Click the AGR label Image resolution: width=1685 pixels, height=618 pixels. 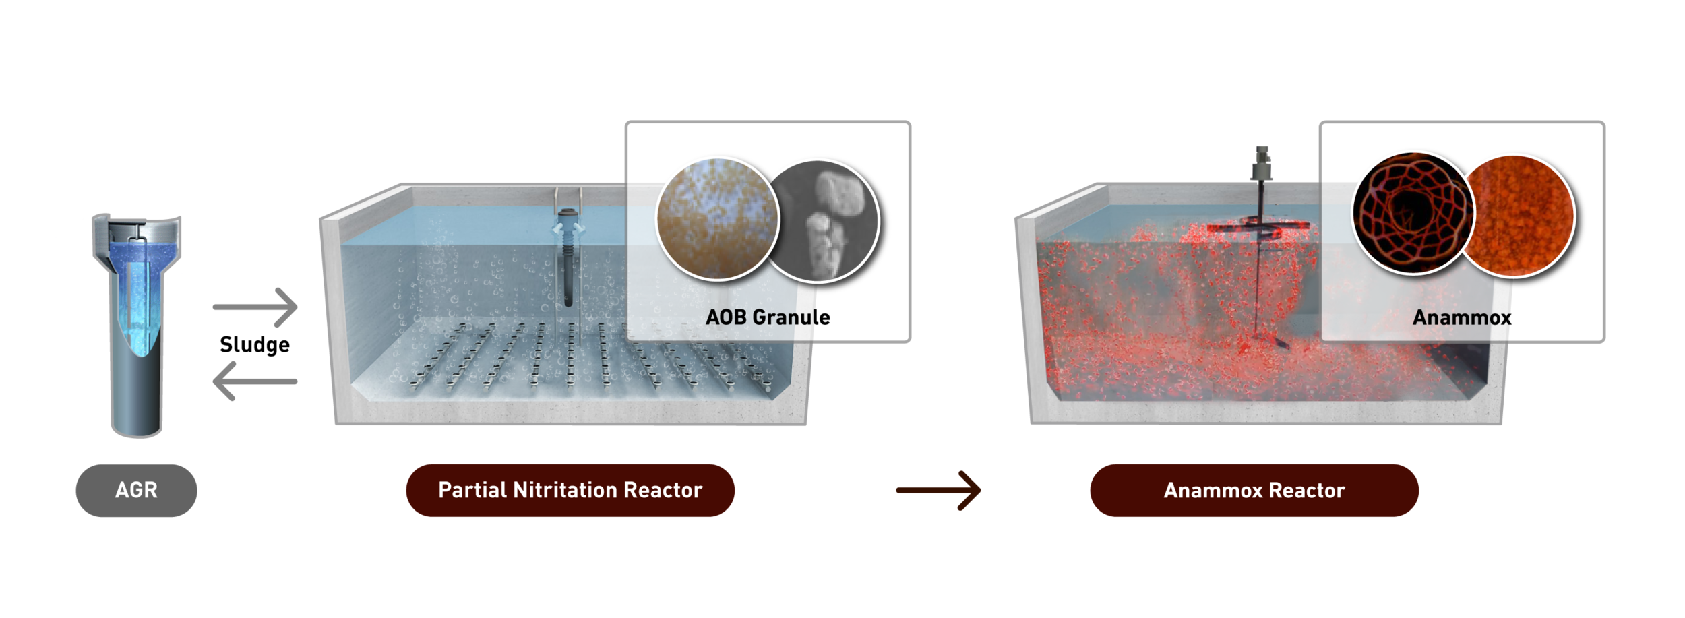coord(136,490)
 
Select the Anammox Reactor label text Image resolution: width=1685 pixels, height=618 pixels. coord(1254,491)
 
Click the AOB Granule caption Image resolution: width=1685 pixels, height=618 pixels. coord(768,317)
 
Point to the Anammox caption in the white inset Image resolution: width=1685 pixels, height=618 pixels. coord(1462,317)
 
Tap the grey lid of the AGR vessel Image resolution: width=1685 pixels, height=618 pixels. coord(135,226)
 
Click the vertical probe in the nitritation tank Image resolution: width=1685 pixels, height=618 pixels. coord(569,263)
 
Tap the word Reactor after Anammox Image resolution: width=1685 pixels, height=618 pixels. coord(1308,491)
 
